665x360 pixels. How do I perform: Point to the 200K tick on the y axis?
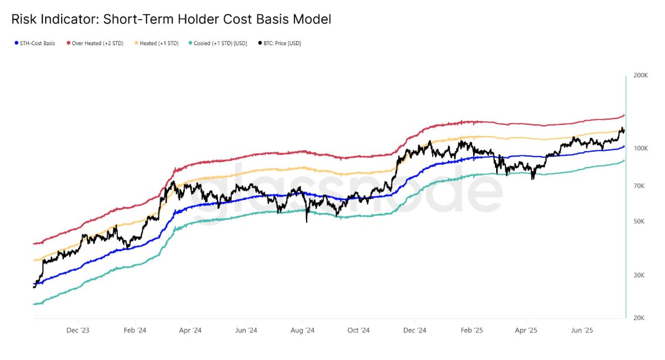pos(640,76)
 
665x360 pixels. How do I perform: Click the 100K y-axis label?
pos(640,148)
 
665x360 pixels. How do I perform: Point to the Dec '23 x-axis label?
pos(78,331)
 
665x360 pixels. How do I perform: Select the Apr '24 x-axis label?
pos(191,331)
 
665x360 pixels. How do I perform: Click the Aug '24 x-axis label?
pos(303,331)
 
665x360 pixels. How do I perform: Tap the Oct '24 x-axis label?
pos(358,331)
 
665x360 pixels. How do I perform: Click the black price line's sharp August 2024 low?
pos(306,222)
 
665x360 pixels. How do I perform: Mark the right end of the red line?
pos(624,116)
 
